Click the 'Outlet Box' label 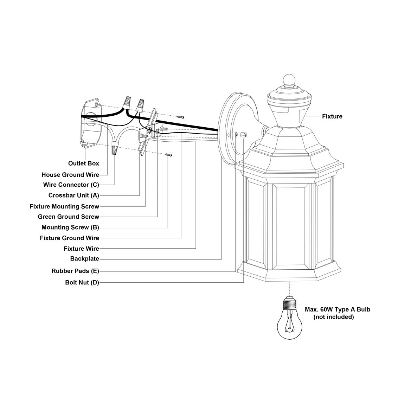click(x=83, y=163)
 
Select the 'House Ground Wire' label click(x=70, y=175)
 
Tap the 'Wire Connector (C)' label click(x=71, y=185)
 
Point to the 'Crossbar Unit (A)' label click(x=73, y=195)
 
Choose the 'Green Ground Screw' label click(x=69, y=217)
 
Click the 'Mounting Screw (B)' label click(x=70, y=227)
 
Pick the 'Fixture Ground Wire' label click(x=69, y=238)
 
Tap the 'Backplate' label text click(x=84, y=259)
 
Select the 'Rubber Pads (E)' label click(x=75, y=271)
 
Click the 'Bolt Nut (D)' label click(x=82, y=282)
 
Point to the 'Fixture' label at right click(x=332, y=116)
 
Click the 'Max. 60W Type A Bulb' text click(x=337, y=310)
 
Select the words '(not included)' click(x=333, y=317)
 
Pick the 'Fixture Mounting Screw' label click(x=64, y=206)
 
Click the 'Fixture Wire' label click(x=81, y=249)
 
